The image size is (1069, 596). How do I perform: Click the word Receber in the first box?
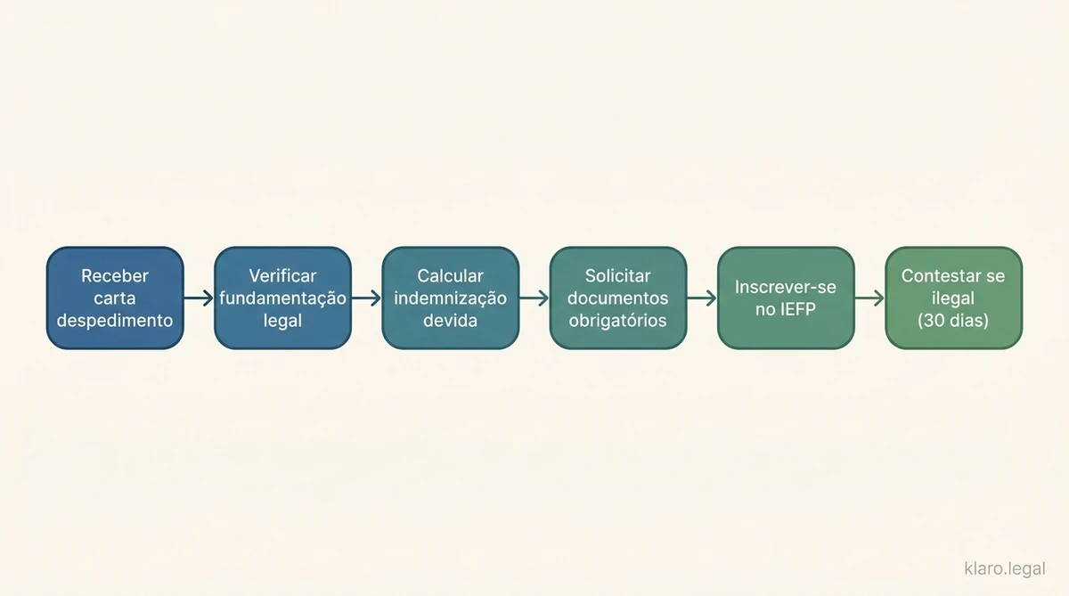115,276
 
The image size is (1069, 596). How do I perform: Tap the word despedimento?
115,320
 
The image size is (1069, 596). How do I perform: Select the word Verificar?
282,276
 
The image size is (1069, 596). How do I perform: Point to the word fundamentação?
282,298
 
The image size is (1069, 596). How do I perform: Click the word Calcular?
450,276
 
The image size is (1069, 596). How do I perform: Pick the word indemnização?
450,298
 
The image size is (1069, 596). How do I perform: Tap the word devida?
450,320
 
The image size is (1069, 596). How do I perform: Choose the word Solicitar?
618,276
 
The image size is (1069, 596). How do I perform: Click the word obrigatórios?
618,320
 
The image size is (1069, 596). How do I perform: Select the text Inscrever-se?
786,287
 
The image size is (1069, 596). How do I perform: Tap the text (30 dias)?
953,320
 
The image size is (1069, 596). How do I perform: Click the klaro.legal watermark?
1005,568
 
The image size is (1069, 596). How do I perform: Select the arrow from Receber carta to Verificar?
199,298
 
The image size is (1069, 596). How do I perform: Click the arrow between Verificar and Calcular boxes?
366,298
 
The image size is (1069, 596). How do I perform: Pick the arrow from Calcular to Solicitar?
534,298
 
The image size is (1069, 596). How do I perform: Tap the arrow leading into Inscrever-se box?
702,298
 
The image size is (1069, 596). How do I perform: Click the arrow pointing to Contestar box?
869,298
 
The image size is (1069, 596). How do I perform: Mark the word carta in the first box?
115,298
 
